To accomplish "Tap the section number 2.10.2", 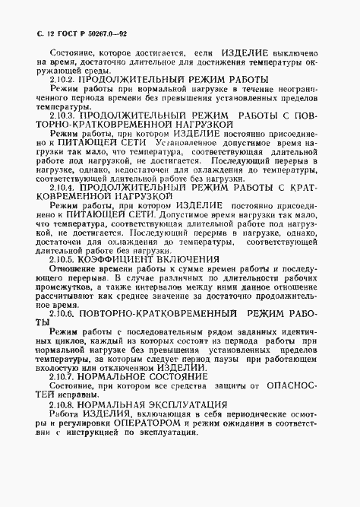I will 63,80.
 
